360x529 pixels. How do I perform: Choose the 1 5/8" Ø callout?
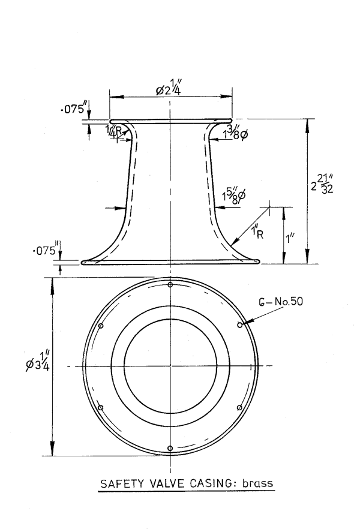(x=230, y=196)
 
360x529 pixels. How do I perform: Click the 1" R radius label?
(x=256, y=230)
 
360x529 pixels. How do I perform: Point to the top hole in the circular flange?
(x=171, y=284)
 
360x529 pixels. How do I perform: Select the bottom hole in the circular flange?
(x=171, y=448)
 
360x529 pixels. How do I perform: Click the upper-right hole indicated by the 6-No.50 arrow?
(x=240, y=325)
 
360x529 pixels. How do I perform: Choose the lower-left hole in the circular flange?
(x=101, y=407)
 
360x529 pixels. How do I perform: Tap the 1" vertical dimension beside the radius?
(x=290, y=238)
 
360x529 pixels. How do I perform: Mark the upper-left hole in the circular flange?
(x=101, y=326)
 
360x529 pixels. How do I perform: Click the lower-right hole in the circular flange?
(x=240, y=407)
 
